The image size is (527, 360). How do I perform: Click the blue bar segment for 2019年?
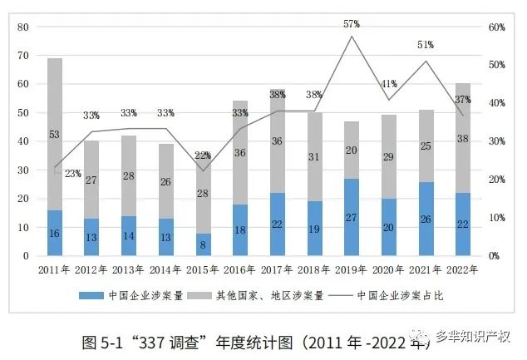coord(351,217)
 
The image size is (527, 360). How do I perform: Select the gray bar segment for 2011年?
coord(55,134)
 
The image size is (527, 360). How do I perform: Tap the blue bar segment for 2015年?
coord(203,244)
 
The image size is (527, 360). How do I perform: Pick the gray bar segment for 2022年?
coord(462,138)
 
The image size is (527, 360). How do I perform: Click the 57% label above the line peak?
coord(352,25)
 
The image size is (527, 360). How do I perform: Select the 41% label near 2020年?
coord(388,84)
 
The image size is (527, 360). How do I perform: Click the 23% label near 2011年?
coord(72,174)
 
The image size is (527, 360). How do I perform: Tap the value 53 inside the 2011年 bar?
coord(55,135)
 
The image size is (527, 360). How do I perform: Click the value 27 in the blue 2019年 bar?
coord(351,218)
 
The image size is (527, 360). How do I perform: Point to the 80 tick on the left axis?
coord(23,27)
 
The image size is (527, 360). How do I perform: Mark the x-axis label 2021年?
coord(425,269)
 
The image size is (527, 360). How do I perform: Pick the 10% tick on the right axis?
coord(495,218)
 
